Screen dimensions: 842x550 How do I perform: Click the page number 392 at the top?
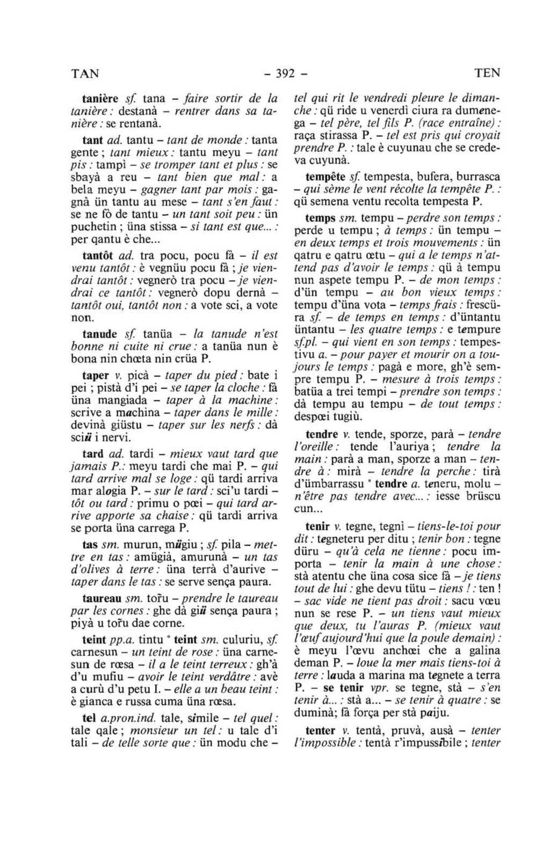(283, 73)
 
